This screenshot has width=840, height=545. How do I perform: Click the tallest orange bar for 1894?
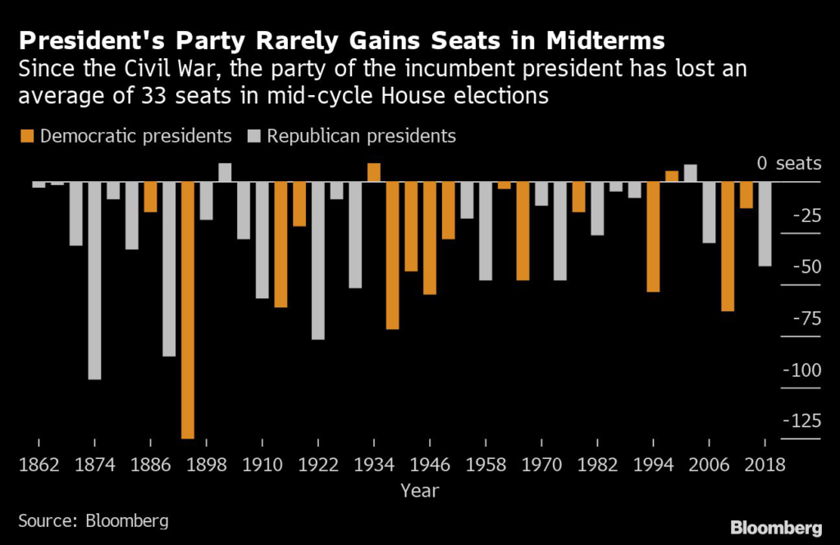click(x=188, y=310)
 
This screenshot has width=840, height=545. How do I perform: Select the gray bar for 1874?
click(x=94, y=280)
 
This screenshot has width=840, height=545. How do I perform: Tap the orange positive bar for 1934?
click(x=374, y=172)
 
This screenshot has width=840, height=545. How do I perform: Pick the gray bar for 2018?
click(x=765, y=224)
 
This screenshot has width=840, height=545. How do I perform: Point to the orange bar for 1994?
click(x=653, y=237)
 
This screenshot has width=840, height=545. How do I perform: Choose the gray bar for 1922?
click(x=317, y=261)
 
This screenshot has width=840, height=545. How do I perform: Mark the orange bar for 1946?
click(x=430, y=238)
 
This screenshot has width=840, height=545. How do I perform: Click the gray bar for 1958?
click(x=486, y=231)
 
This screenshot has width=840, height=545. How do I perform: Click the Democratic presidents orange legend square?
click(x=27, y=136)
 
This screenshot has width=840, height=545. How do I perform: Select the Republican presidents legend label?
click(x=361, y=136)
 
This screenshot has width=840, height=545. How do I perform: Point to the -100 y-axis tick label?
click(x=801, y=370)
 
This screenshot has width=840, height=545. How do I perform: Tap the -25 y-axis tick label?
click(x=806, y=216)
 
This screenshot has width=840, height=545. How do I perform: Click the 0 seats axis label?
click(x=789, y=163)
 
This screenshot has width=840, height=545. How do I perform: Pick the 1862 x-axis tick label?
click(x=39, y=465)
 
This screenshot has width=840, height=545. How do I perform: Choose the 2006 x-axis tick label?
click(x=709, y=465)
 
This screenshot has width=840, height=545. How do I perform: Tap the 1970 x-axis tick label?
click(x=541, y=465)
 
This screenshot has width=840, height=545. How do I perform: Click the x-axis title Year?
click(x=419, y=490)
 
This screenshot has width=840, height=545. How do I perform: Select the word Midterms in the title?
click(x=605, y=41)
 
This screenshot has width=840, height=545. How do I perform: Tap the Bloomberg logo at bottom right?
click(x=776, y=527)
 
